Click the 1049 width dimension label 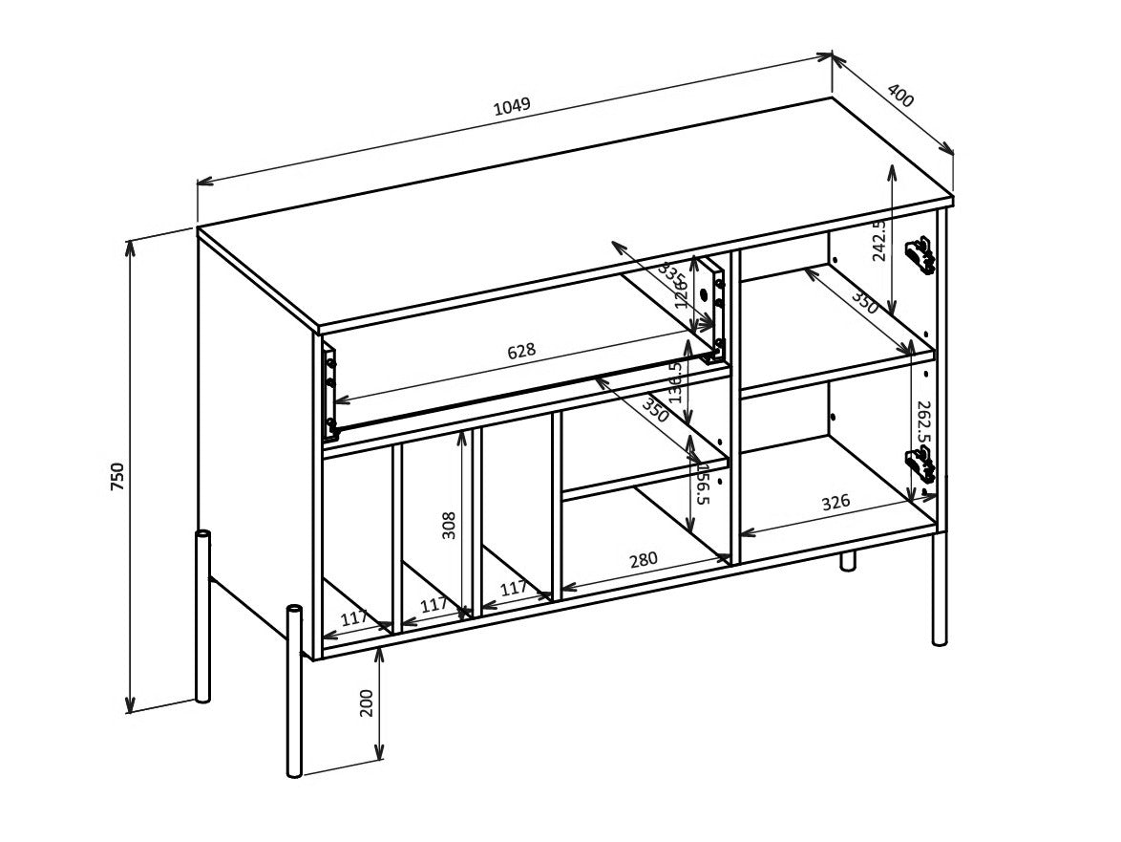pyautogui.click(x=512, y=106)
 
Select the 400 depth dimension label pyautogui.click(x=900, y=96)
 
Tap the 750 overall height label pyautogui.click(x=117, y=476)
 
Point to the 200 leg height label pyautogui.click(x=367, y=702)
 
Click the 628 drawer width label pyautogui.click(x=521, y=352)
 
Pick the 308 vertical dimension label pyautogui.click(x=449, y=525)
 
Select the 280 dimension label pyautogui.click(x=644, y=559)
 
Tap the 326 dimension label pyautogui.click(x=835, y=502)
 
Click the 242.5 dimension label pyautogui.click(x=879, y=239)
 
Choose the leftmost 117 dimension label pyautogui.click(x=354, y=618)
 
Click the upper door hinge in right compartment pyautogui.click(x=920, y=256)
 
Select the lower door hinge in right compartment pyautogui.click(x=920, y=465)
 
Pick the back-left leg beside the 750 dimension pyautogui.click(x=202, y=616)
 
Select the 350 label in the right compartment pyautogui.click(x=864, y=303)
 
